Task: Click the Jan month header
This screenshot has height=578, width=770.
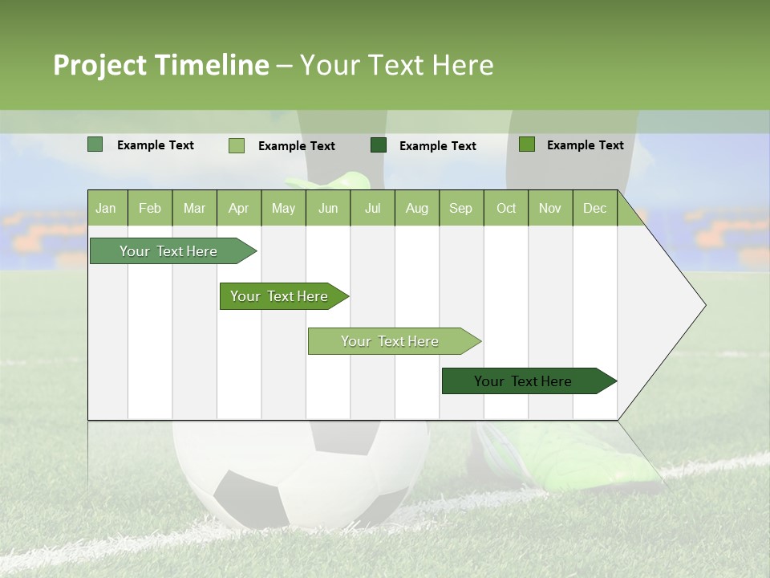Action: pos(106,209)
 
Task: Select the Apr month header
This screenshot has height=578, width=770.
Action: pos(239,209)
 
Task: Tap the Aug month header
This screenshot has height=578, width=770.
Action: pos(416,209)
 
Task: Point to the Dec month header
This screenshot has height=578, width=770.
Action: pos(594,209)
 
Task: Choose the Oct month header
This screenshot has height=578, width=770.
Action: pos(506,209)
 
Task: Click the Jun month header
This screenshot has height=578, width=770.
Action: pos(328,209)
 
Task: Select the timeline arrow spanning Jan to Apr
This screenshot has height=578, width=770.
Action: pos(169,251)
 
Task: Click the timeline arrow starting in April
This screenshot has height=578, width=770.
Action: pos(280,296)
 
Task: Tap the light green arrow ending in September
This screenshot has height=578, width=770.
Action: pos(391,341)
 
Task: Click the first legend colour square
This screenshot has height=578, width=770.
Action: pos(95,144)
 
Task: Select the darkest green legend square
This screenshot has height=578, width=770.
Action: pos(379,144)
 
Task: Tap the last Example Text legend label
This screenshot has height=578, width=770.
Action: pos(585,145)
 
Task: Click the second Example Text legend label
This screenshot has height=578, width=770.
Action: pos(296,146)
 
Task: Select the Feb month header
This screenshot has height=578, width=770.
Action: pos(150,209)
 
